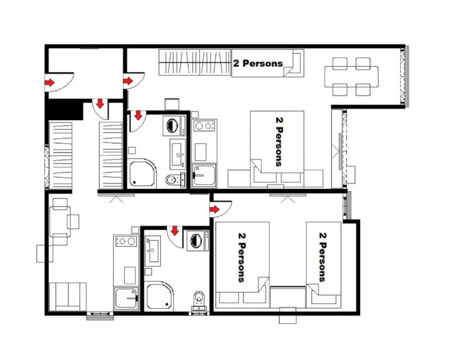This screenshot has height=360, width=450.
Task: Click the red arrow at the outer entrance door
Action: click(50, 82)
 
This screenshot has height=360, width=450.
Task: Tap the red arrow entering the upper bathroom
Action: click(137, 115)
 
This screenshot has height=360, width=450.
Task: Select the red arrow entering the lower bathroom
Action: click(175, 231)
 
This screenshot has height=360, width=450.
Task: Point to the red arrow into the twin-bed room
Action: click(215, 209)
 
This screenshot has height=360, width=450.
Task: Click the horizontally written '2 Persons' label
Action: click(257, 63)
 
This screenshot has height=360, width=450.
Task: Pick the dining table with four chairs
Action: click(352, 76)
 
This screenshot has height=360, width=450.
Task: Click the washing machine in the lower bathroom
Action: click(196, 242)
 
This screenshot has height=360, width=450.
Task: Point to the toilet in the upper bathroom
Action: click(172, 179)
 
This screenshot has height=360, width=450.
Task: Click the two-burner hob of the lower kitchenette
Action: click(125, 241)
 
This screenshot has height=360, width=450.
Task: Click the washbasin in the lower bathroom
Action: click(152, 250)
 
